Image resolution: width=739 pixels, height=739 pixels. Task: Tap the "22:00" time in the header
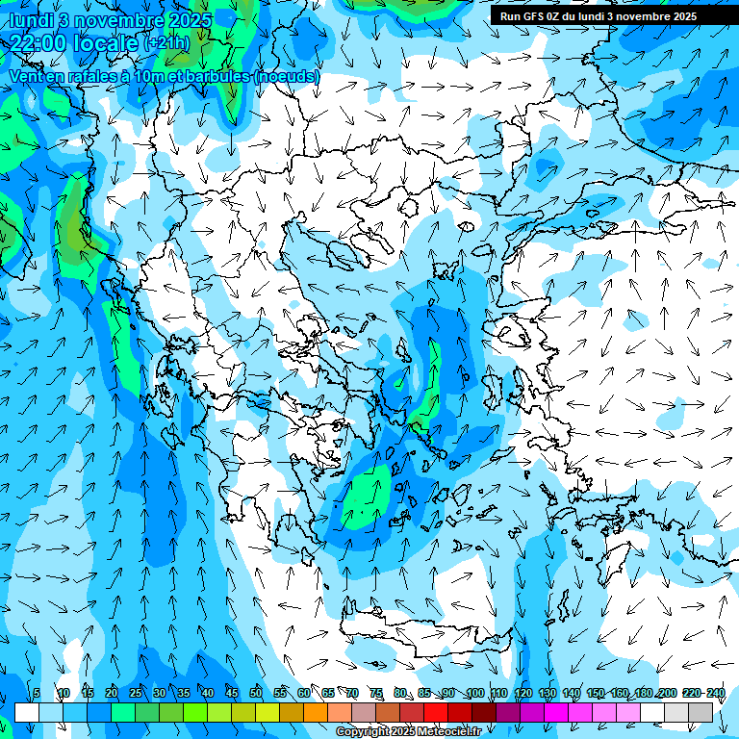[38, 43]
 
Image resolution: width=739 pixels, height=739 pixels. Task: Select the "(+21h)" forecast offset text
[166, 43]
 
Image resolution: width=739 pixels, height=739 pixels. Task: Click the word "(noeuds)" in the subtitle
[287, 76]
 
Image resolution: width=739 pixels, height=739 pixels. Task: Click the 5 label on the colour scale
[37, 693]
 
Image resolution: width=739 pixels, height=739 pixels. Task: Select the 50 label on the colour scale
[256, 693]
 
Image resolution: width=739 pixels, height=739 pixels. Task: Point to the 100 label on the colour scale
[474, 693]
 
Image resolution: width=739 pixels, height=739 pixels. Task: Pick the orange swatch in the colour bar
[316, 712]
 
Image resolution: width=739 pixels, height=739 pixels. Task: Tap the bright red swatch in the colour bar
[436, 712]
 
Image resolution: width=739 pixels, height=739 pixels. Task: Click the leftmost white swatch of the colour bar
[27, 712]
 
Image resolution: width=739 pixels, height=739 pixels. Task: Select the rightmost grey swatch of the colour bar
[701, 712]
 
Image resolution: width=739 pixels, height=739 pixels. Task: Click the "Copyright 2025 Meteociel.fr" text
[421, 732]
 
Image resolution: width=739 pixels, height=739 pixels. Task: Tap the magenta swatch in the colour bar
[556, 712]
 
